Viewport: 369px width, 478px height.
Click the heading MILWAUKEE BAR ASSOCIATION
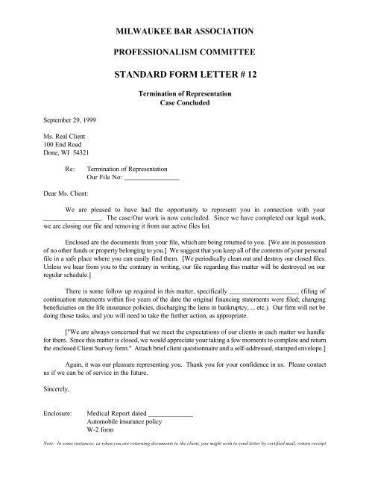183,31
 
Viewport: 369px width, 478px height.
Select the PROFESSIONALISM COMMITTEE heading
183,54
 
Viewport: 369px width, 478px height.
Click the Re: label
71,171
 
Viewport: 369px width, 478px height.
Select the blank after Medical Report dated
171,412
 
